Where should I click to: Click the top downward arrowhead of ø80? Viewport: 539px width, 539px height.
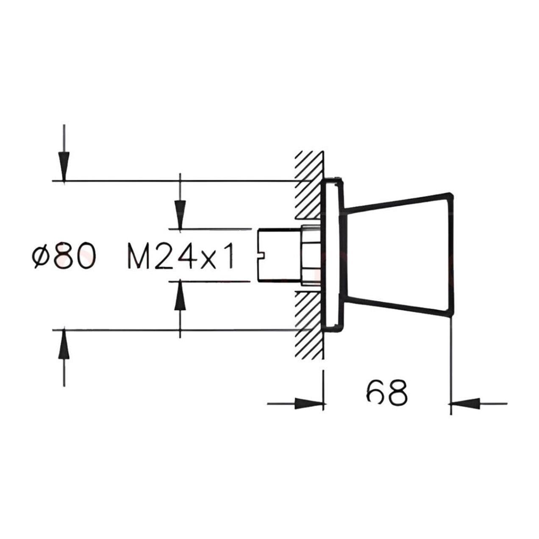click(64, 168)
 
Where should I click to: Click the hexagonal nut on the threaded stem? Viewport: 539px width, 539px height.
click(309, 255)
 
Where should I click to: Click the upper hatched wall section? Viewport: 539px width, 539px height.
click(308, 186)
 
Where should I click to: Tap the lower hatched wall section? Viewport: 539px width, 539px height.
click(308, 322)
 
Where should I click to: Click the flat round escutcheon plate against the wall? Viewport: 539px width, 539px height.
click(333, 255)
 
